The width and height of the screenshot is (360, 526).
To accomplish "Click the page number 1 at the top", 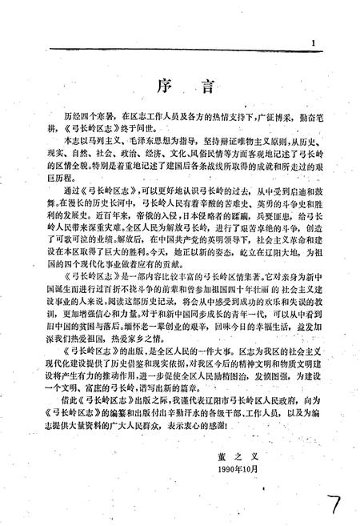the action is (316, 42).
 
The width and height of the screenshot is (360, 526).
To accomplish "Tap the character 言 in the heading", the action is (195, 86).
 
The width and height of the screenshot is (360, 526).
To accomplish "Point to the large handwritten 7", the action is (335, 494).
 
